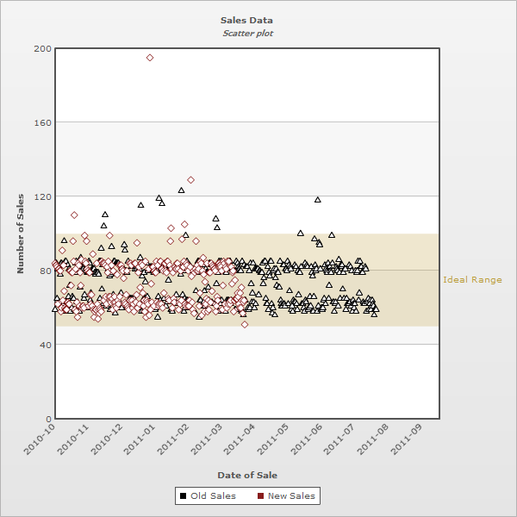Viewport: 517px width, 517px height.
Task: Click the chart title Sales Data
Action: point(246,20)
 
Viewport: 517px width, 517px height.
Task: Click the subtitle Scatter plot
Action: point(246,33)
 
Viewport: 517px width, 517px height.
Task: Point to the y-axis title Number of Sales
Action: point(21,234)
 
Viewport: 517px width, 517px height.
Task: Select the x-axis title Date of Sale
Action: point(246,475)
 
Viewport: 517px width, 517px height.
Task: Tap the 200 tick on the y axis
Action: point(40,48)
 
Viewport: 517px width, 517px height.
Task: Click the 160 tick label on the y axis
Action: point(40,122)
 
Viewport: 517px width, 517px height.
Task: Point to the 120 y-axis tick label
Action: point(40,196)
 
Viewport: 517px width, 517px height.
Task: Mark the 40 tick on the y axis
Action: point(43,345)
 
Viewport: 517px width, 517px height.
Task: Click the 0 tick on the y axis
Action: point(47,419)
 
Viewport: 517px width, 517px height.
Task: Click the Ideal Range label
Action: point(472,280)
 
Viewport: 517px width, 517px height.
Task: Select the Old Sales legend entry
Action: point(212,495)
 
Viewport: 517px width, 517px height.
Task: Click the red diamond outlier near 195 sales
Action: point(150,58)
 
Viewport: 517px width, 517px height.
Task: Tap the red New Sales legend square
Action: point(260,495)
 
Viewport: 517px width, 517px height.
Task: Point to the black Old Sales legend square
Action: point(183,495)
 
